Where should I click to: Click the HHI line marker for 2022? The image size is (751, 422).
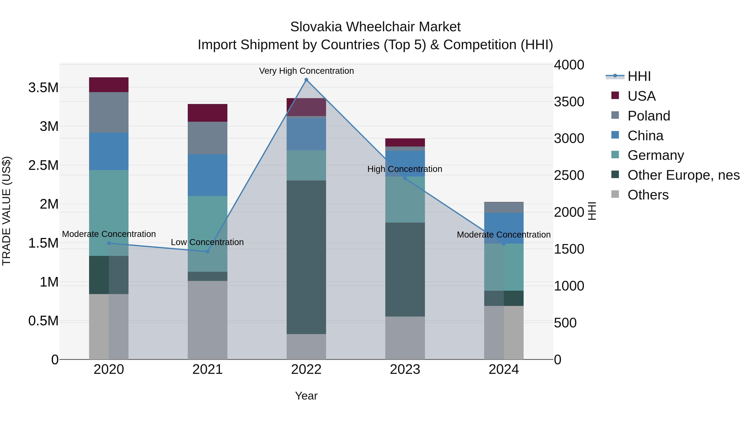click(306, 80)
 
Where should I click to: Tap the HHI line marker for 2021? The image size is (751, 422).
click(208, 252)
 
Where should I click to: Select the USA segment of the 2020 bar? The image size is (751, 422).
click(109, 85)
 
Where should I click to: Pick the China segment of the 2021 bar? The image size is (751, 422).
click(207, 175)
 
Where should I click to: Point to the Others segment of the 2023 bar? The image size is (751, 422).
click(405, 338)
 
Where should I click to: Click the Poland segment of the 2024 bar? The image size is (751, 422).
click(504, 208)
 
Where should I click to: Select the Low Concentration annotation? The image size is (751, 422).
click(207, 242)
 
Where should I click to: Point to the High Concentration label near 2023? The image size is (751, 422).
click(405, 169)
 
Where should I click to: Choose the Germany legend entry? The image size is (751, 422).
click(656, 155)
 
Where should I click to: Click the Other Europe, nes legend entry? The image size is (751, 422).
click(683, 175)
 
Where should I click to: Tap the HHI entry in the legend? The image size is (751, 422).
click(639, 76)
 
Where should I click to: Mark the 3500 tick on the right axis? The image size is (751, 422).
click(569, 102)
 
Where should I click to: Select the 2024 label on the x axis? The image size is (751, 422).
click(504, 369)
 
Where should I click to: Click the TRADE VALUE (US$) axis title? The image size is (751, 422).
click(6, 211)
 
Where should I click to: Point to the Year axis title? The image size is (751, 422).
click(306, 396)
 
